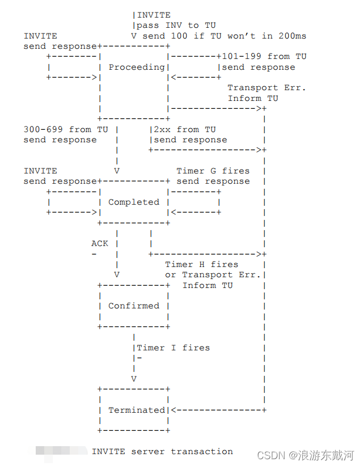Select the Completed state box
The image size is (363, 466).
pos(134,202)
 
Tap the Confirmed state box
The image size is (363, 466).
pos(134,306)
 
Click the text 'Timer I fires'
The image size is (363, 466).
pos(173,348)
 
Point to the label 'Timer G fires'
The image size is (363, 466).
pos(213,171)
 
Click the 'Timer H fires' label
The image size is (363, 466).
pos(201,264)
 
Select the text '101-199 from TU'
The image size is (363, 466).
pos(264,56)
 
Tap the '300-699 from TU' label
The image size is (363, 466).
pos(65,129)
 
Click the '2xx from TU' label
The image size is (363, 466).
pos(185,129)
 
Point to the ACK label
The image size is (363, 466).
pos(100,243)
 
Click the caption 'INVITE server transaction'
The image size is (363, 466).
pos(162,451)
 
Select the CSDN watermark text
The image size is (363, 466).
pos(306,455)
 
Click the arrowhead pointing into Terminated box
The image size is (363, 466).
pos(174,410)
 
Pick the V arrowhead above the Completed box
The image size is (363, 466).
pos(117,171)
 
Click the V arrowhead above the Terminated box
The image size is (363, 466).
pos(134,379)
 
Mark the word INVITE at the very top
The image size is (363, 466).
pos(154,15)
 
